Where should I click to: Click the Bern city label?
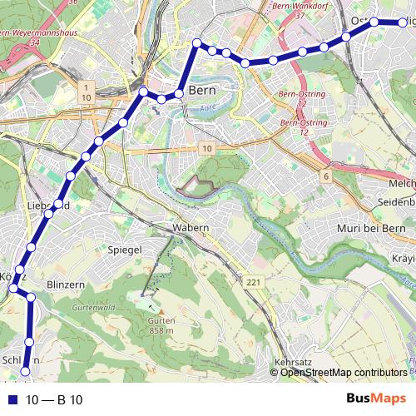tap(203, 90)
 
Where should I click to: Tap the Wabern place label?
tap(190, 226)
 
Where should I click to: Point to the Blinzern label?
tap(67, 284)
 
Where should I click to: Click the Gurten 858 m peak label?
tap(160, 325)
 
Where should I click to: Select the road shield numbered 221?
tap(252, 284)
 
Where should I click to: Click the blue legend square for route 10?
tap(11, 400)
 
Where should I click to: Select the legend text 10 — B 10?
tap(53, 400)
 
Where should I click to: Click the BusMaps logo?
tap(377, 399)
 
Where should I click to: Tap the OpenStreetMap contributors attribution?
tap(343, 372)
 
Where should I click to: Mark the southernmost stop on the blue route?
tap(25, 371)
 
